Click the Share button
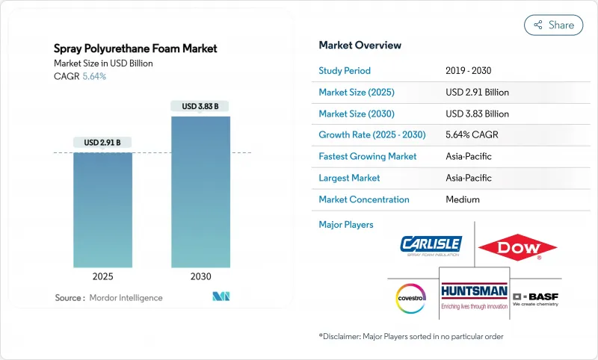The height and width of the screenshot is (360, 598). (x=553, y=25)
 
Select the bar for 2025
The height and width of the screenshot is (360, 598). (x=102, y=210)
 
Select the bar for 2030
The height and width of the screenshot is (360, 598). (x=200, y=191)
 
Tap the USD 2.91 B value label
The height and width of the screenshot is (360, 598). (x=102, y=142)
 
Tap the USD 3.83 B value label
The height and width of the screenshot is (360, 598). (x=200, y=106)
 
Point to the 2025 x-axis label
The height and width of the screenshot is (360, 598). (x=102, y=276)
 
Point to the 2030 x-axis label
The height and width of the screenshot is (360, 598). (x=200, y=276)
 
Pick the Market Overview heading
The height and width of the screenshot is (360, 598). (x=360, y=45)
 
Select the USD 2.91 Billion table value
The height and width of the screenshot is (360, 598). (x=477, y=93)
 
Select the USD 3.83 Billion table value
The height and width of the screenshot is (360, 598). (x=477, y=114)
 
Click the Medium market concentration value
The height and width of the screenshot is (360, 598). (x=462, y=199)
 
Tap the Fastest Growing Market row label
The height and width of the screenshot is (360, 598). (x=367, y=157)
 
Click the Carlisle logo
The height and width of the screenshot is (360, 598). (x=431, y=245)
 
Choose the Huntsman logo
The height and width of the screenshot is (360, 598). (x=474, y=294)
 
